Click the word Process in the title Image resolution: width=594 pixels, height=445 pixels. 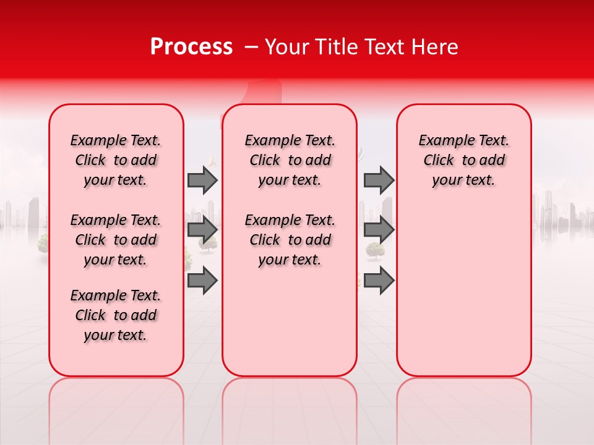pyautogui.click(x=191, y=47)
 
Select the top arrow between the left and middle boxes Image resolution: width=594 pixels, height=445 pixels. pyautogui.click(x=202, y=180)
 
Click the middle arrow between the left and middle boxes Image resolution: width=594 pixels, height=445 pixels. pyautogui.click(x=202, y=230)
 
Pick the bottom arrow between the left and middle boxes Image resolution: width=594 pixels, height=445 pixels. pyautogui.click(x=202, y=280)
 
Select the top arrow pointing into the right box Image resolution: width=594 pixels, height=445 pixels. pyautogui.click(x=379, y=180)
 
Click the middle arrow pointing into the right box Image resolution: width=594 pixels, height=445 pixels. pyautogui.click(x=379, y=230)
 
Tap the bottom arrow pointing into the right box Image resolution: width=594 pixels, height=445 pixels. pyautogui.click(x=379, y=280)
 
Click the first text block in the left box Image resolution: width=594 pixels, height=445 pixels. pyautogui.click(x=115, y=160)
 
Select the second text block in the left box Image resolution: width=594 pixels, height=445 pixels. pyautogui.click(x=115, y=240)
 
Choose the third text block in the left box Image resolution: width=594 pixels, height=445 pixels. pyautogui.click(x=115, y=315)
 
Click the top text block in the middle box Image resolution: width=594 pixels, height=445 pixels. pyautogui.click(x=290, y=160)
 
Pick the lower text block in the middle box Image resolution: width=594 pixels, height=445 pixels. pyautogui.click(x=290, y=240)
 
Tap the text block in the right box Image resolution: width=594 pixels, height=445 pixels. pyautogui.click(x=463, y=160)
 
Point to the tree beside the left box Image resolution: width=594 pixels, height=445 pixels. pyautogui.click(x=43, y=242)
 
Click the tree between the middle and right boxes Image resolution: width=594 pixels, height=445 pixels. pyautogui.click(x=374, y=249)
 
